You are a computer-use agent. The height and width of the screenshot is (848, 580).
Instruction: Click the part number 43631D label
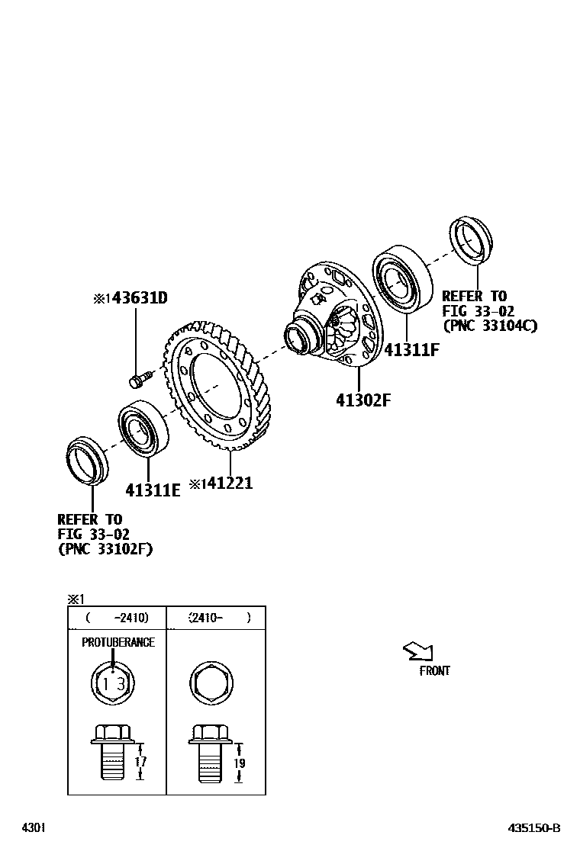[x=138, y=298]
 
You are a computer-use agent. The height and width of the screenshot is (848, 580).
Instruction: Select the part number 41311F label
[x=413, y=350]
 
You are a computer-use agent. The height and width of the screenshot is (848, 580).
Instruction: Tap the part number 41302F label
[x=362, y=400]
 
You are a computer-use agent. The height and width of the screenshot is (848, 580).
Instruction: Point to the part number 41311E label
[x=153, y=490]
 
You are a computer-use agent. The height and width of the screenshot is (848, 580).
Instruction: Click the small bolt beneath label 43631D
[x=140, y=377]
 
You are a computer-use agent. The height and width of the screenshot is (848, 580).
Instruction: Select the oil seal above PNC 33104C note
[x=472, y=238]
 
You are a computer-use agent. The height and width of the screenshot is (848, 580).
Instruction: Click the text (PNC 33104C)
[x=490, y=326]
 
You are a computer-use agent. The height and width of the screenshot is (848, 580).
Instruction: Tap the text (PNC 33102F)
[x=105, y=548]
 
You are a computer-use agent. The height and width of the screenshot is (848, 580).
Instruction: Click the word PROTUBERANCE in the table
[x=118, y=642]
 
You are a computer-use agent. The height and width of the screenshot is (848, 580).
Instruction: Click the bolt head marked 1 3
[x=113, y=683]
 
